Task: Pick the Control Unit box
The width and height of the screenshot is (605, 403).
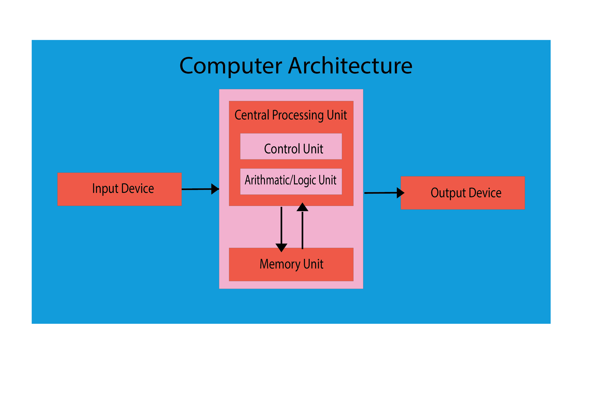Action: click(291, 146)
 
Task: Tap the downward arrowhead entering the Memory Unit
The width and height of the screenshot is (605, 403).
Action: click(281, 248)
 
